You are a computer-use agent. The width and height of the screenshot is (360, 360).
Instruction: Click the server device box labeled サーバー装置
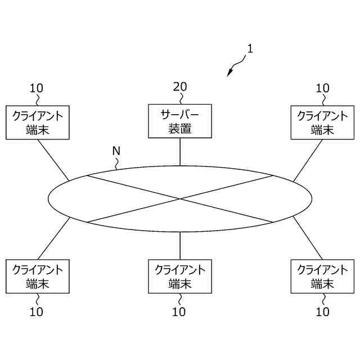180,121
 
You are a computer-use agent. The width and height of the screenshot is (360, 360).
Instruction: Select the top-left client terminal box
38,122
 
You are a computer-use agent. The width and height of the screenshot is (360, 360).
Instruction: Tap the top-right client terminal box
322,122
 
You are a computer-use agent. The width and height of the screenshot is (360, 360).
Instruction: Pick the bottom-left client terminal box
38,276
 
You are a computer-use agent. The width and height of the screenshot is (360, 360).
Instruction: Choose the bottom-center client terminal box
180,276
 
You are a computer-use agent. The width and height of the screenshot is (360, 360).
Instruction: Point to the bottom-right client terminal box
322,276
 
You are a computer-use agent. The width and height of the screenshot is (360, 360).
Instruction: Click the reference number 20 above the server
180,87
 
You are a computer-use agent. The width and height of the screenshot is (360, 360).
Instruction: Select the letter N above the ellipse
116,151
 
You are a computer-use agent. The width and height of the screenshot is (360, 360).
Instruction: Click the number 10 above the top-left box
37,88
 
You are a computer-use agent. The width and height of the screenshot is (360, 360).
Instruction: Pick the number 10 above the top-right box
322,88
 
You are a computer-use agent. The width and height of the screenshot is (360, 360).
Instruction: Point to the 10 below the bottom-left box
37,312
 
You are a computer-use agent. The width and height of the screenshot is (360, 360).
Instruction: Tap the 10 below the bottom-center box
179,312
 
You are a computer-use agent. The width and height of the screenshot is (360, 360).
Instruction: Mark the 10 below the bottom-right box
322,312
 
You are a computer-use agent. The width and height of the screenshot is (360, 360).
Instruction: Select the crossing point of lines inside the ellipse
180,199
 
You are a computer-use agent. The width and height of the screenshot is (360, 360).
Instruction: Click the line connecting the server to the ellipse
180,152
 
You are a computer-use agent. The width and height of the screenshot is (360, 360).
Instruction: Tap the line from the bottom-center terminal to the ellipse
180,245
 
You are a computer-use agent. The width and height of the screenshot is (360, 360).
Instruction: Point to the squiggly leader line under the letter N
117,163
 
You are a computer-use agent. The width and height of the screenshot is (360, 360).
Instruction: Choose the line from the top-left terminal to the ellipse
53,160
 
